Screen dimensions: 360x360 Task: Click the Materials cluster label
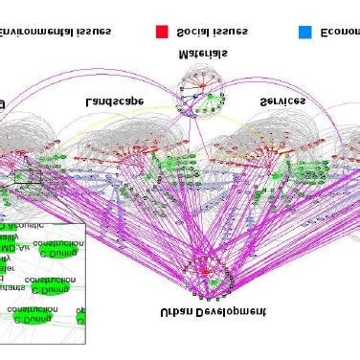click(x=203, y=56)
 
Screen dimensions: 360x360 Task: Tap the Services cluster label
click(x=283, y=101)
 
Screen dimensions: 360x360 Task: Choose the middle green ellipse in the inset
click(x=50, y=289)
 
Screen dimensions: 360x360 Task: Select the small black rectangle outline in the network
click(x=27, y=177)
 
